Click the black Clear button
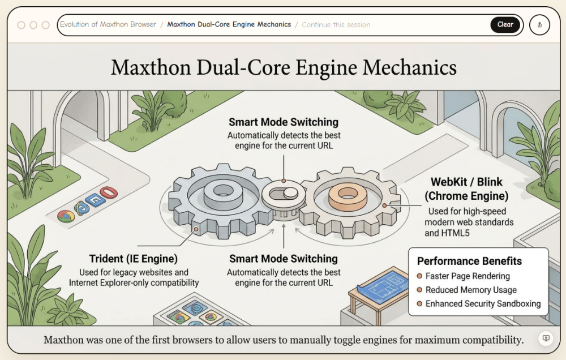point(505,25)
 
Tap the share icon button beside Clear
point(539,25)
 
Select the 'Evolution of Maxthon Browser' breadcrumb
point(108,25)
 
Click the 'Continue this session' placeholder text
point(336,25)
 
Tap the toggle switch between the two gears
point(284,194)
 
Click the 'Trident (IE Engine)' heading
point(134,259)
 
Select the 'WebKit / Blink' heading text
point(466,182)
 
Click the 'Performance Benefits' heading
point(469,262)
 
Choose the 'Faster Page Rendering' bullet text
point(468,276)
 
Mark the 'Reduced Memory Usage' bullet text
point(471,290)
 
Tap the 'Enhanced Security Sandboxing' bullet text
point(483,304)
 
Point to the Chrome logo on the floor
point(66,216)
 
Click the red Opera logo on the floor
point(108,192)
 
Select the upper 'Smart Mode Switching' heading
point(284,122)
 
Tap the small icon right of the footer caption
point(546,338)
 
